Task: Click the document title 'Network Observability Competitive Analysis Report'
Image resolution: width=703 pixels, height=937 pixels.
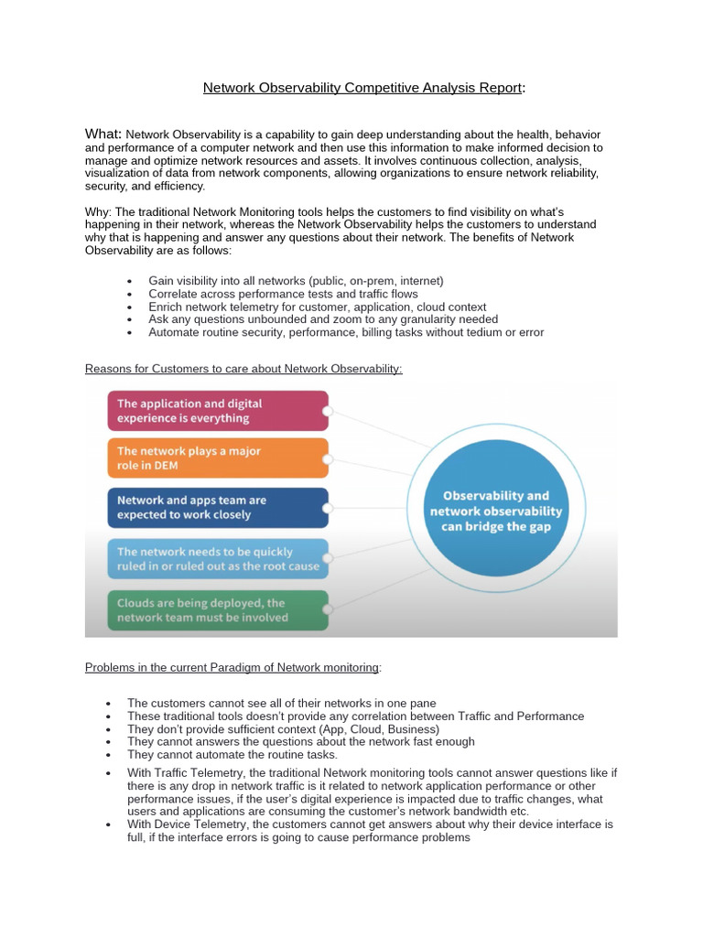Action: [362, 88]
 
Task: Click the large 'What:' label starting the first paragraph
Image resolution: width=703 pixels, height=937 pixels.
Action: [103, 135]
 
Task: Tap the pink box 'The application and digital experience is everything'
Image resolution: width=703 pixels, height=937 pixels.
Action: [218, 411]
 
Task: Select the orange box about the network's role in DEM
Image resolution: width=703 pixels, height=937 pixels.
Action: [218, 458]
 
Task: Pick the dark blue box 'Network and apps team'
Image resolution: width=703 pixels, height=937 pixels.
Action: [218, 507]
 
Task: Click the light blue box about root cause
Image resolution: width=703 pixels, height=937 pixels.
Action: [218, 558]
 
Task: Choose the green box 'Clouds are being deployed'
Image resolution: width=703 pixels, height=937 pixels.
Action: [218, 610]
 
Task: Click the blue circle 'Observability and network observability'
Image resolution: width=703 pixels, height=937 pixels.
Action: [496, 512]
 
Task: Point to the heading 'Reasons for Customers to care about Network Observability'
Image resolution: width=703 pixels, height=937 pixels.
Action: [243, 369]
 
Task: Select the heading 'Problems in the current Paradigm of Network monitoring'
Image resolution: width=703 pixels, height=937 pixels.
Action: [232, 667]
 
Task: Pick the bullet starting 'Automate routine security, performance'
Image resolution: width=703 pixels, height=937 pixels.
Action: [345, 332]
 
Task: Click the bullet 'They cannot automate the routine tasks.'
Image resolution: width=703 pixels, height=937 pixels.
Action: [233, 755]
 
